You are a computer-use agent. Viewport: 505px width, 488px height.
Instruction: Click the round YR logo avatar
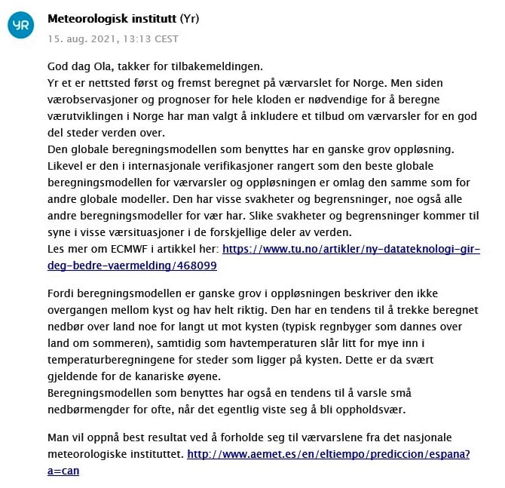point(20,26)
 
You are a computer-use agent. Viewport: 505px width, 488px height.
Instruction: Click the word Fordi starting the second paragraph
point(62,293)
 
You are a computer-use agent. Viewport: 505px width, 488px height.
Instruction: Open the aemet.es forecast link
point(328,454)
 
